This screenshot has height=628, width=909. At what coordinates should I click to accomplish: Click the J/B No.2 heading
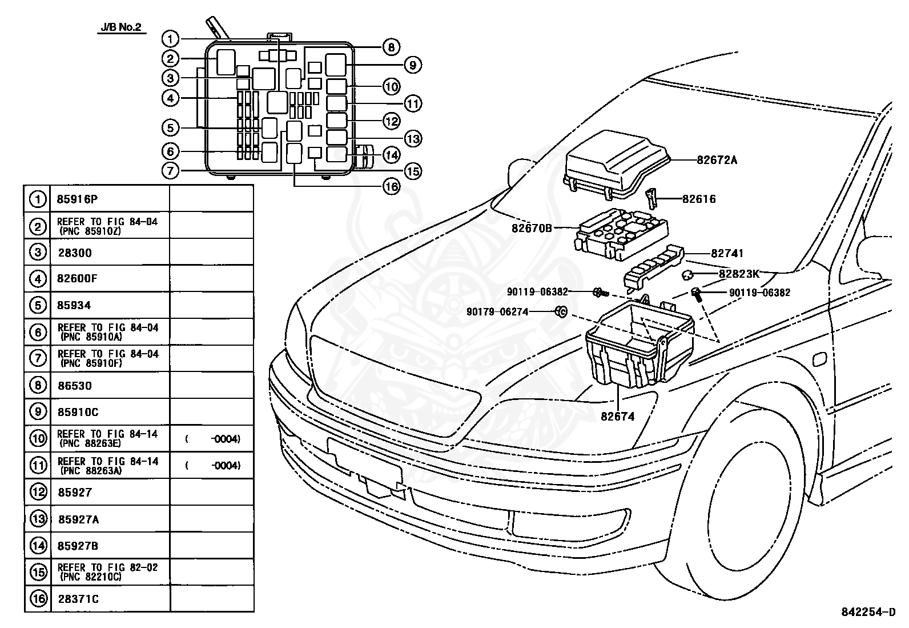(x=120, y=28)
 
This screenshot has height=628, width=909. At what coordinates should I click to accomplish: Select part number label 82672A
(x=717, y=160)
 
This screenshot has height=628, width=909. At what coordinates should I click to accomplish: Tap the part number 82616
(x=699, y=199)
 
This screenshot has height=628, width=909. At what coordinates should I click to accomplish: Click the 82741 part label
(x=727, y=253)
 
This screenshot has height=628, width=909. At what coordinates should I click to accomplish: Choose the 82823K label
(x=739, y=274)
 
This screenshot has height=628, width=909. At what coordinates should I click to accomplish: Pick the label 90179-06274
(x=497, y=312)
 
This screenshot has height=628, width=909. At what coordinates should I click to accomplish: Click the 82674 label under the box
(x=617, y=417)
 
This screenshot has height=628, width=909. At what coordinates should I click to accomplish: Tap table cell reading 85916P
(x=77, y=199)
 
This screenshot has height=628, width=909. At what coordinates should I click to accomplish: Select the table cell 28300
(x=74, y=253)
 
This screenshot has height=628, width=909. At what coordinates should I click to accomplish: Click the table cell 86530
(x=74, y=386)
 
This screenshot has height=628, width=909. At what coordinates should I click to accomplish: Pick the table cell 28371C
(x=78, y=599)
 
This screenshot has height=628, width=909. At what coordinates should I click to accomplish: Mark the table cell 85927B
(x=78, y=546)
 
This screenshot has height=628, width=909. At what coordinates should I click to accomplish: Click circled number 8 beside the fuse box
(x=391, y=47)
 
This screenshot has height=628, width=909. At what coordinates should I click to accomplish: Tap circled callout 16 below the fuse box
(x=391, y=186)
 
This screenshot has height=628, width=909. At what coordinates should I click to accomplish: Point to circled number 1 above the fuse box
(x=170, y=39)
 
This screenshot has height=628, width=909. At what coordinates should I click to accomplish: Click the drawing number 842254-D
(x=868, y=612)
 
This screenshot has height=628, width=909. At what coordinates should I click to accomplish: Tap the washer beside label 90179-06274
(x=561, y=311)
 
